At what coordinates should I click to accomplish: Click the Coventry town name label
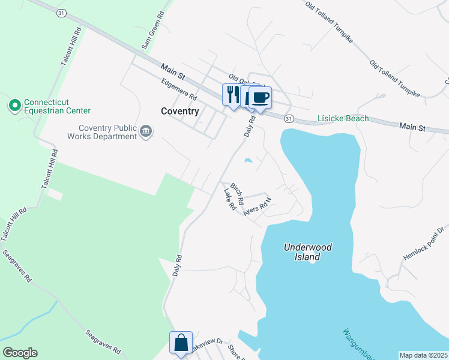[180, 111]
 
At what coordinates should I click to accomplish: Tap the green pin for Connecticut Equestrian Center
[14, 106]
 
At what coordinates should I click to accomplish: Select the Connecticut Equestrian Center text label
[57, 106]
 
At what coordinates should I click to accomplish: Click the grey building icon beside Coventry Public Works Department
[146, 131]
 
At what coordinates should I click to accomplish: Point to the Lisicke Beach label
[343, 119]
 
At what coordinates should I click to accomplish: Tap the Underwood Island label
[307, 252]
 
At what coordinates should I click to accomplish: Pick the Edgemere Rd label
[179, 89]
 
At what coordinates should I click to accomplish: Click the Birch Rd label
[237, 193]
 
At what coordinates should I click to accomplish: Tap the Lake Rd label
[229, 200]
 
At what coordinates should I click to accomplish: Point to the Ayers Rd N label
[258, 206]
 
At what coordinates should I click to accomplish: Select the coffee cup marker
[260, 97]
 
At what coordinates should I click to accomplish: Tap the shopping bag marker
[181, 343]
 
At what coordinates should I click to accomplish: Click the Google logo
[20, 353]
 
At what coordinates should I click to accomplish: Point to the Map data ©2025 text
[424, 355]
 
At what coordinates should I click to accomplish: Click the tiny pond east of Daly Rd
[247, 160]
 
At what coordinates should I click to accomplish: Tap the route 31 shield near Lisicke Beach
[289, 119]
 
